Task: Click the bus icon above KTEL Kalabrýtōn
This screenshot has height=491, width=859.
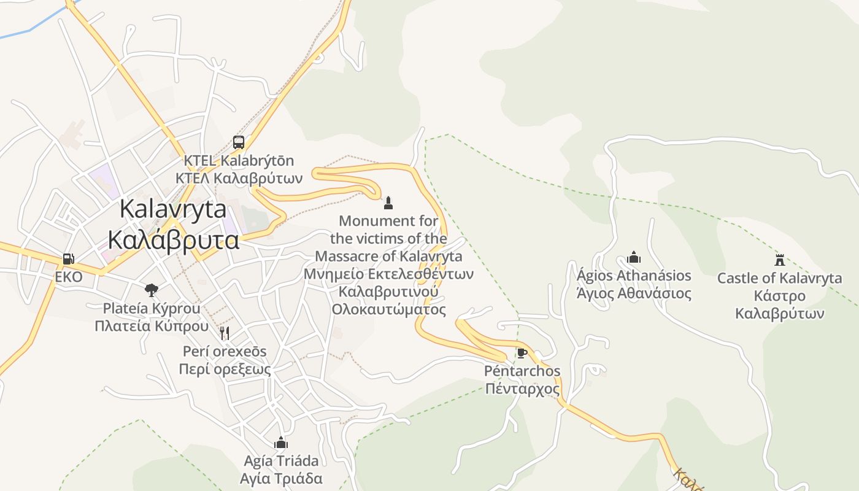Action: click(x=239, y=142)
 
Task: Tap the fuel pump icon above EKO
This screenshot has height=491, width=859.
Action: click(x=69, y=259)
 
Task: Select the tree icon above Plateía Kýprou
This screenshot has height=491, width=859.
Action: click(x=151, y=290)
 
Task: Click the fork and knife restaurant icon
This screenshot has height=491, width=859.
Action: click(x=225, y=333)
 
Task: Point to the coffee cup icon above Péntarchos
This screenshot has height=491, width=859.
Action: click(x=522, y=353)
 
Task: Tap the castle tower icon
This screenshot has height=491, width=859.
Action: click(x=780, y=260)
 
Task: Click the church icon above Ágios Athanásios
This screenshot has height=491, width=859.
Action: click(x=634, y=257)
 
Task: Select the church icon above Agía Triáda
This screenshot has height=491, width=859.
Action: click(x=281, y=443)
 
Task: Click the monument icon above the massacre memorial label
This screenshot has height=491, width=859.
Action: click(x=388, y=203)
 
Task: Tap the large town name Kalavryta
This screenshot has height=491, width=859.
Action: click(x=173, y=209)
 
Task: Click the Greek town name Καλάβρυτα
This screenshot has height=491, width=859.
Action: click(x=173, y=239)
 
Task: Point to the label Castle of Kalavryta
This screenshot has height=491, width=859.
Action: click(x=779, y=278)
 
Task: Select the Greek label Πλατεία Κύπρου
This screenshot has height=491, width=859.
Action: click(x=152, y=326)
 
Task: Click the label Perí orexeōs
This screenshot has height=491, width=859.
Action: click(x=225, y=351)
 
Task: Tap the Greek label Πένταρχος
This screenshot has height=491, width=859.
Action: click(x=522, y=389)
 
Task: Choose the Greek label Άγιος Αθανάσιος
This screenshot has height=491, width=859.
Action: click(x=634, y=293)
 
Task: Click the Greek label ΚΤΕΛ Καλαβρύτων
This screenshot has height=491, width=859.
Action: click(x=239, y=179)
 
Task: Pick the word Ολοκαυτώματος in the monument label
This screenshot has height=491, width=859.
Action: click(x=388, y=309)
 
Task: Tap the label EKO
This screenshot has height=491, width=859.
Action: click(x=69, y=277)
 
